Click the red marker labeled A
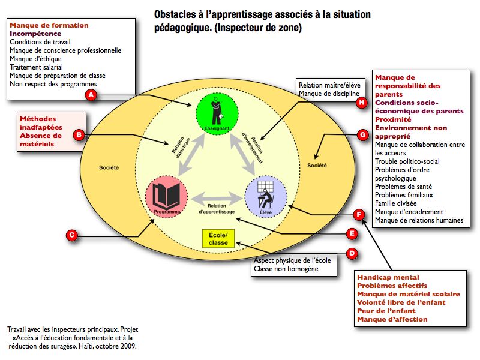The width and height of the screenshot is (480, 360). tap(91, 95)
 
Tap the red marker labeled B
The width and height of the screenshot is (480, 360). tap(79, 136)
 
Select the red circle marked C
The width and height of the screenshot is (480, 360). tap(71, 236)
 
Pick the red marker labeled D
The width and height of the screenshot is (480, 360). tap(352, 254)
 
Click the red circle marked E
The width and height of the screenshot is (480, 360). tap(352, 233)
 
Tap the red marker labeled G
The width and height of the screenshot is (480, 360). tap(362, 135)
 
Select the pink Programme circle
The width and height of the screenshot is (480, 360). tap(167, 197)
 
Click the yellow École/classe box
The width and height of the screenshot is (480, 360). tap(218, 238)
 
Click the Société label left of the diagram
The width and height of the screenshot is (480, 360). tap(109, 167)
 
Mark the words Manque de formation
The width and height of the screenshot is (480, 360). tap(49, 25)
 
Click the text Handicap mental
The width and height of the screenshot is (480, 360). tap(387, 277)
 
